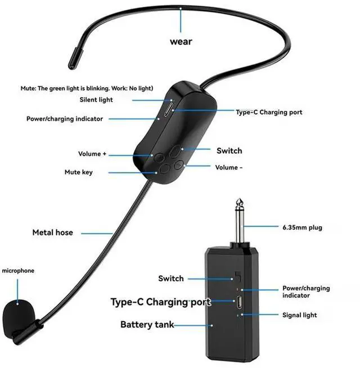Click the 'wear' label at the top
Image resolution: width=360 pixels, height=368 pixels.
(181, 42)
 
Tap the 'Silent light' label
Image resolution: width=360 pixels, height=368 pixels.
(96, 100)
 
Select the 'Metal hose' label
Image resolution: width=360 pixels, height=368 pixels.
(52, 232)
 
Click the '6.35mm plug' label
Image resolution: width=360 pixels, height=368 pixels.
(302, 228)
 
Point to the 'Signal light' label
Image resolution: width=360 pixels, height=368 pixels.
(299, 315)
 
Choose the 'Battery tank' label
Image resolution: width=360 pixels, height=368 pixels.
(147, 325)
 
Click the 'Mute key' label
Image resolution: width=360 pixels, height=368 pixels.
(79, 172)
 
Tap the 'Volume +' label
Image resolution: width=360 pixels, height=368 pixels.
(92, 154)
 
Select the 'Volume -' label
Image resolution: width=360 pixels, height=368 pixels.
(229, 167)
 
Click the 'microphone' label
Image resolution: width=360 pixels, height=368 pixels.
(18, 271)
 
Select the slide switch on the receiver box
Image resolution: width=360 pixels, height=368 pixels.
(237, 277)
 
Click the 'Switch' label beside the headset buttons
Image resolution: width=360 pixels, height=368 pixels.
(229, 151)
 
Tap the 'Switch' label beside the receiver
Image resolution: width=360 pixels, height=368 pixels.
(171, 279)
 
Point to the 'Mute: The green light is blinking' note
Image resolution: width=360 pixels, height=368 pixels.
(85, 88)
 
